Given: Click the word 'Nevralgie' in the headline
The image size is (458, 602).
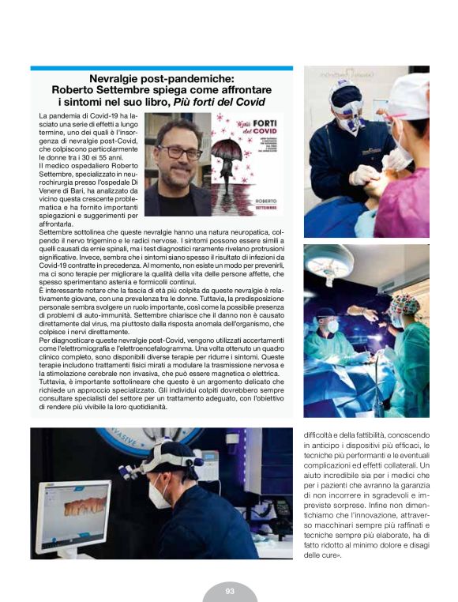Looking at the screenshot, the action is pyautogui.click(x=116, y=80).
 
